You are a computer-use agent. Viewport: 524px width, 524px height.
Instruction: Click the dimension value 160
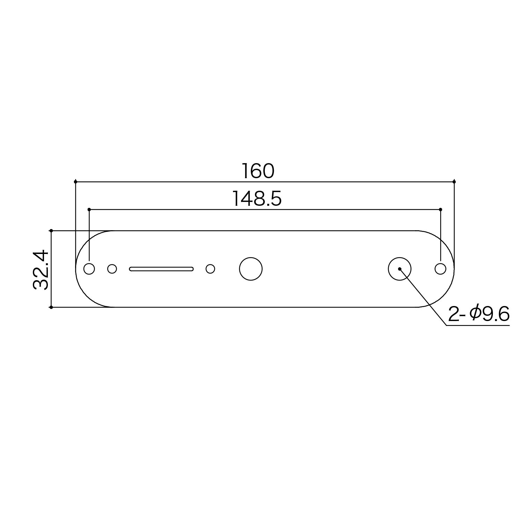258,171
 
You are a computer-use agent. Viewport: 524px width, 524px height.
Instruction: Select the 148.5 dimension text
257,199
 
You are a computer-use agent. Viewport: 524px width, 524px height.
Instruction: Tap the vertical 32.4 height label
41,269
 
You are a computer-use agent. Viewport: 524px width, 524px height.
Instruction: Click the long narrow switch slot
161,269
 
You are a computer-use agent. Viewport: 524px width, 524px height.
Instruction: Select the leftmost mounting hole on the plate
89,269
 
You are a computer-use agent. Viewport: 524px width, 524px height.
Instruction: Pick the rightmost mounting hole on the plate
440,269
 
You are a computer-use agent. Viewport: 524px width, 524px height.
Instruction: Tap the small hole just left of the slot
112,269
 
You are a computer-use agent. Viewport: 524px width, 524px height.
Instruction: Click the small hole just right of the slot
210,269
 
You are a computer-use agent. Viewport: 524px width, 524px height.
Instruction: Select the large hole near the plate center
251,269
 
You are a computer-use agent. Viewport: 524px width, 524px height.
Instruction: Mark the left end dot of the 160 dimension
75,182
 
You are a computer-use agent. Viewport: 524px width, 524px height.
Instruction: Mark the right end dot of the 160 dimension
454,182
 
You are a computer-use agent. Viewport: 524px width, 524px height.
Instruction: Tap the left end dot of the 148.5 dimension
89,210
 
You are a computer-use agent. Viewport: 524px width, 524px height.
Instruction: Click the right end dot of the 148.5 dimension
440,210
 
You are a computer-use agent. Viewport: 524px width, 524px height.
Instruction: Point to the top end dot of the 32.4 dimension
51,231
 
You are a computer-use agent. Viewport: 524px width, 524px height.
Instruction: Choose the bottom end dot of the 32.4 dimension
51,307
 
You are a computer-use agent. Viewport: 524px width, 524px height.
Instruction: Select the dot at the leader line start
400,269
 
